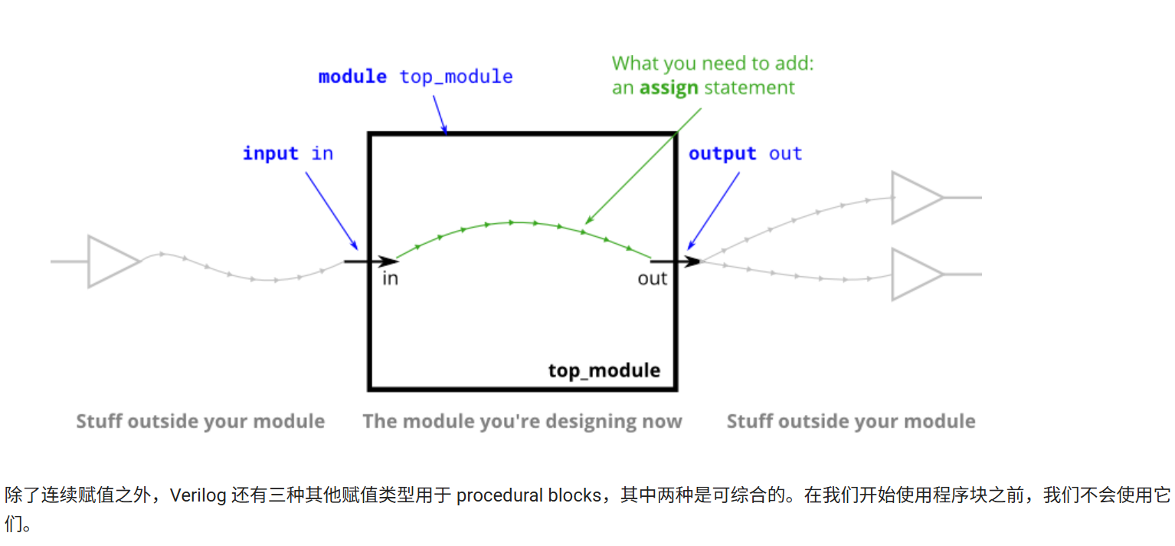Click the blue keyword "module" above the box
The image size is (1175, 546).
[352, 77]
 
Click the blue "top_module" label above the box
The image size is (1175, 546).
[457, 77]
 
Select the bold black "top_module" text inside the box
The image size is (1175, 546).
[604, 370]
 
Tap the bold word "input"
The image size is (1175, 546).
[270, 153]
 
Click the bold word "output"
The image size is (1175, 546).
[722, 153]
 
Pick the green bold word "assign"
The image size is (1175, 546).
[669, 87]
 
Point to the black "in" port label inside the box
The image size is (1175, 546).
[390, 278]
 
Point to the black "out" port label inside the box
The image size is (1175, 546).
[652, 278]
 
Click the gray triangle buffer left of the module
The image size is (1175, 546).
[111, 261]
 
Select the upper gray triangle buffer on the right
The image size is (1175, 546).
[914, 197]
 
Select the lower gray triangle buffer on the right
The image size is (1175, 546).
[914, 274]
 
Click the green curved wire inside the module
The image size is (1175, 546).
[521, 222]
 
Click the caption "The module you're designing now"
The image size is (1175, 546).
[522, 421]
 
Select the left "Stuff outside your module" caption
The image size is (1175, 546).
[200, 421]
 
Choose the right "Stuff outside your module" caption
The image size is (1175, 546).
[850, 421]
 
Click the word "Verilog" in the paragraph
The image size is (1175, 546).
[198, 495]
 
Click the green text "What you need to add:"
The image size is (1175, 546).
[712, 63]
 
